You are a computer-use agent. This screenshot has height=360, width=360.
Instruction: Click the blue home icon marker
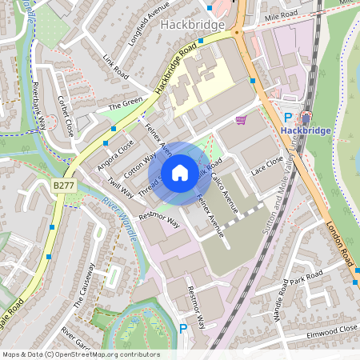pyautogui.click(x=180, y=172)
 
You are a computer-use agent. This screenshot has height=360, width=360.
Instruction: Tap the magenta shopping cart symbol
pyautogui.click(x=241, y=120)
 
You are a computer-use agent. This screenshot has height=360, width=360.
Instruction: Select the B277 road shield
pyautogui.click(x=63, y=185)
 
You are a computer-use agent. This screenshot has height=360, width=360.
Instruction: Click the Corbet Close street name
pyautogui.click(x=66, y=116)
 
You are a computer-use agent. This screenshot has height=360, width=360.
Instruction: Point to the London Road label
pyautogui.click(x=339, y=243)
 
